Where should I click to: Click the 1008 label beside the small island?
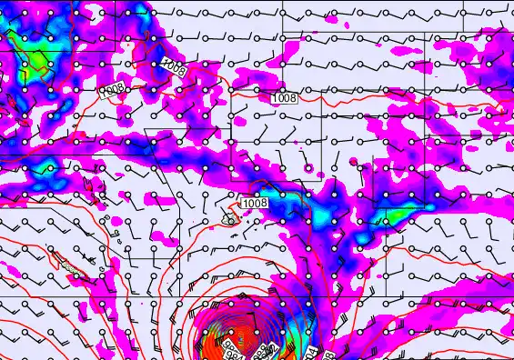[256, 203]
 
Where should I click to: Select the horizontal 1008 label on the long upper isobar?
[284, 96]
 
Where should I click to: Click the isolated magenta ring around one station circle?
[310, 169]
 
